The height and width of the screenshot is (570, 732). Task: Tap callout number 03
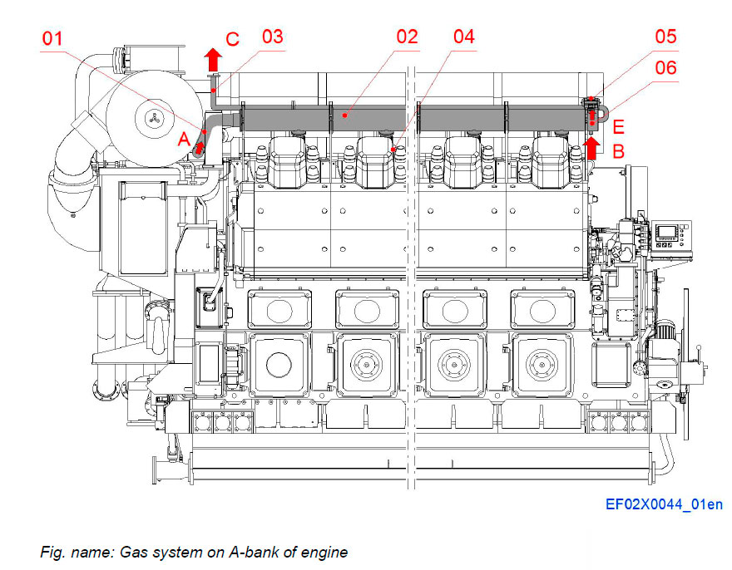click(x=272, y=37)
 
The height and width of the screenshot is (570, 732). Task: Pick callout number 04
click(x=463, y=37)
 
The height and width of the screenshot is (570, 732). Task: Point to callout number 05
click(x=665, y=37)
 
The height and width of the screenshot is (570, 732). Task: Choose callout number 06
click(x=665, y=68)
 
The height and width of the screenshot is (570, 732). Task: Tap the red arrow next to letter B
click(x=591, y=148)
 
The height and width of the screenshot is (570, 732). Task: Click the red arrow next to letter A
click(x=200, y=146)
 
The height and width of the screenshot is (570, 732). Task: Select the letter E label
click(x=618, y=128)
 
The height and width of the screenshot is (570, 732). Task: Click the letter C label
click(x=233, y=39)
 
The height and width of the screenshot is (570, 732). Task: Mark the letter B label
click(x=618, y=152)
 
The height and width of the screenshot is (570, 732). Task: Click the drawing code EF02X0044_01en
click(x=664, y=504)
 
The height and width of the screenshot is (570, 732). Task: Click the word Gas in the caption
click(x=136, y=552)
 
